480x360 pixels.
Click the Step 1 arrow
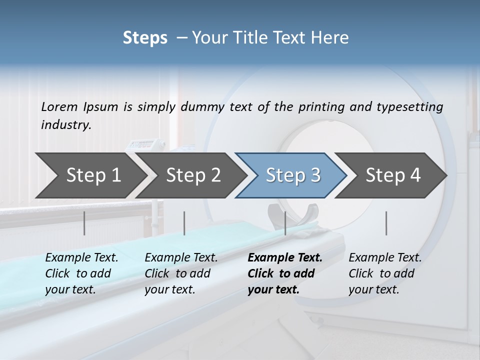[90, 175]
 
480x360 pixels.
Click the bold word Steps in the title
[145, 38]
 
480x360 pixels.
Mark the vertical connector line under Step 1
[84, 223]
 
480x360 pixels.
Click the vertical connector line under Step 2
[184, 223]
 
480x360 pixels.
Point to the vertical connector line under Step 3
[285, 223]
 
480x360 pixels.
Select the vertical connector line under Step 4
[386, 223]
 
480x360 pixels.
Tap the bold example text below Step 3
[284, 273]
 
